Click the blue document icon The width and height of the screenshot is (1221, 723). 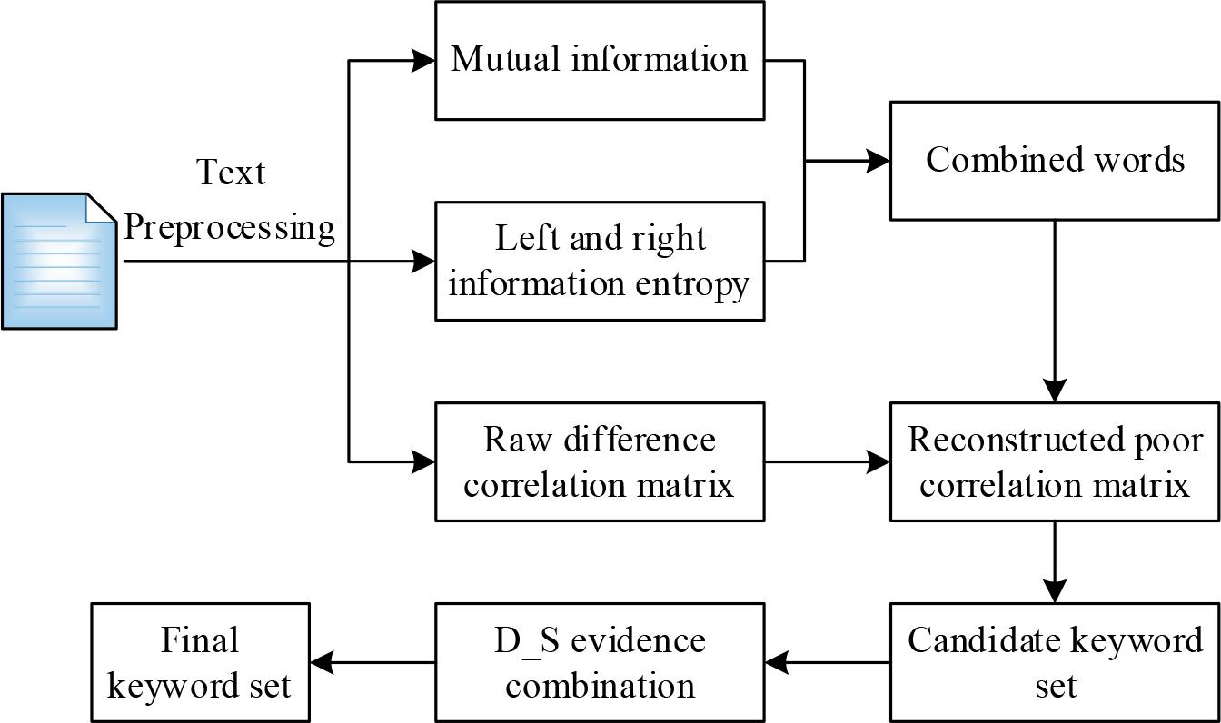click(59, 261)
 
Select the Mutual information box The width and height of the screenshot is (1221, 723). click(599, 61)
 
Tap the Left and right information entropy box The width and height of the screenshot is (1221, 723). click(599, 261)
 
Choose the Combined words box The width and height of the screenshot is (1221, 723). click(1054, 161)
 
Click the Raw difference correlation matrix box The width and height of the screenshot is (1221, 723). click(599, 462)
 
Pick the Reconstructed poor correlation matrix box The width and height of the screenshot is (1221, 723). click(1054, 462)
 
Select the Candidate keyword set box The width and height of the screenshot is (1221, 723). click(1054, 662)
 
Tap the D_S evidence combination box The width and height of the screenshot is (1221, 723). click(599, 662)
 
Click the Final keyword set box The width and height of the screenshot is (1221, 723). click(200, 662)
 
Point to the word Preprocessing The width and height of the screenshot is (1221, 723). click(230, 226)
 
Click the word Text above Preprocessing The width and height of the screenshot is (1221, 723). click(231, 172)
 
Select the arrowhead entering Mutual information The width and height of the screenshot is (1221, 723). click(424, 61)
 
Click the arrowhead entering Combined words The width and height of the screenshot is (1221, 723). click(879, 162)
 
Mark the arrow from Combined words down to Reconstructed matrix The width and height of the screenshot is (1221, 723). click(1054, 309)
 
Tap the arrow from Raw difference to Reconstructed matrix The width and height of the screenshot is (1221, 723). click(826, 462)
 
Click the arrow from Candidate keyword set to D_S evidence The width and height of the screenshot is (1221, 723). click(826, 662)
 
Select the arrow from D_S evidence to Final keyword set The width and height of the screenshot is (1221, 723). click(372, 662)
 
